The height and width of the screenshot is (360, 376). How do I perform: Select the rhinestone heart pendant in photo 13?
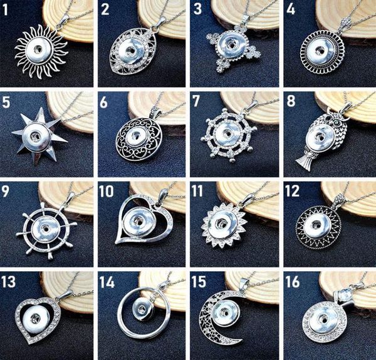coord(39,316)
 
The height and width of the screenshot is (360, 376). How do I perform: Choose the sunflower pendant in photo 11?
coord(227,225)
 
